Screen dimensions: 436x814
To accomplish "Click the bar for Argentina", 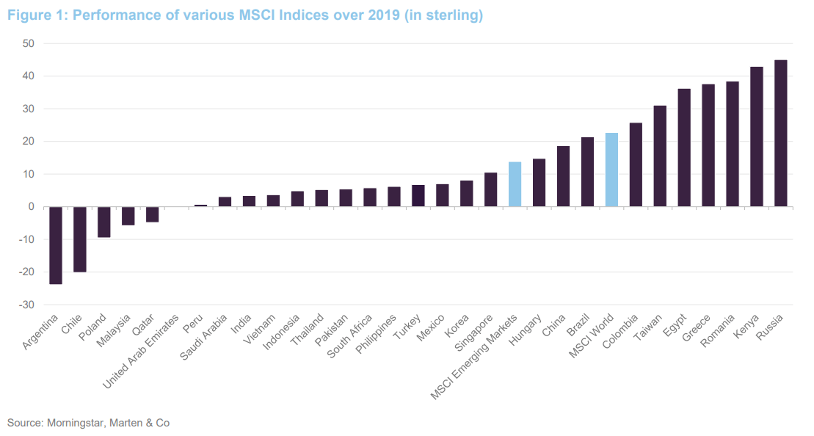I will (x=56, y=245).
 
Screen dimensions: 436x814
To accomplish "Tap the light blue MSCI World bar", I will (x=611, y=170).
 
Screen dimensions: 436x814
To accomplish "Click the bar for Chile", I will (x=80, y=239).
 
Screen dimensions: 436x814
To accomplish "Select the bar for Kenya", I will (x=757, y=137).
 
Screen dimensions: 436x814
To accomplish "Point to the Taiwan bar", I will (x=660, y=156).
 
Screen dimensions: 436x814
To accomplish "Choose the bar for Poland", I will (x=104, y=222).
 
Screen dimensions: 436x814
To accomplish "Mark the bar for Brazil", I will (x=587, y=172).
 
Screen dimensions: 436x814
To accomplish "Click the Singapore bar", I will (x=491, y=189).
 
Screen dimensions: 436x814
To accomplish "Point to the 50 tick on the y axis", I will (x=29, y=43).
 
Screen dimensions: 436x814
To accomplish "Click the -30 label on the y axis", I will (x=26, y=305).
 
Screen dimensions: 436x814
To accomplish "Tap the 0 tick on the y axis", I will (x=32, y=207).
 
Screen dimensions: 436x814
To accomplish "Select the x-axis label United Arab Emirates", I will (x=141, y=353).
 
